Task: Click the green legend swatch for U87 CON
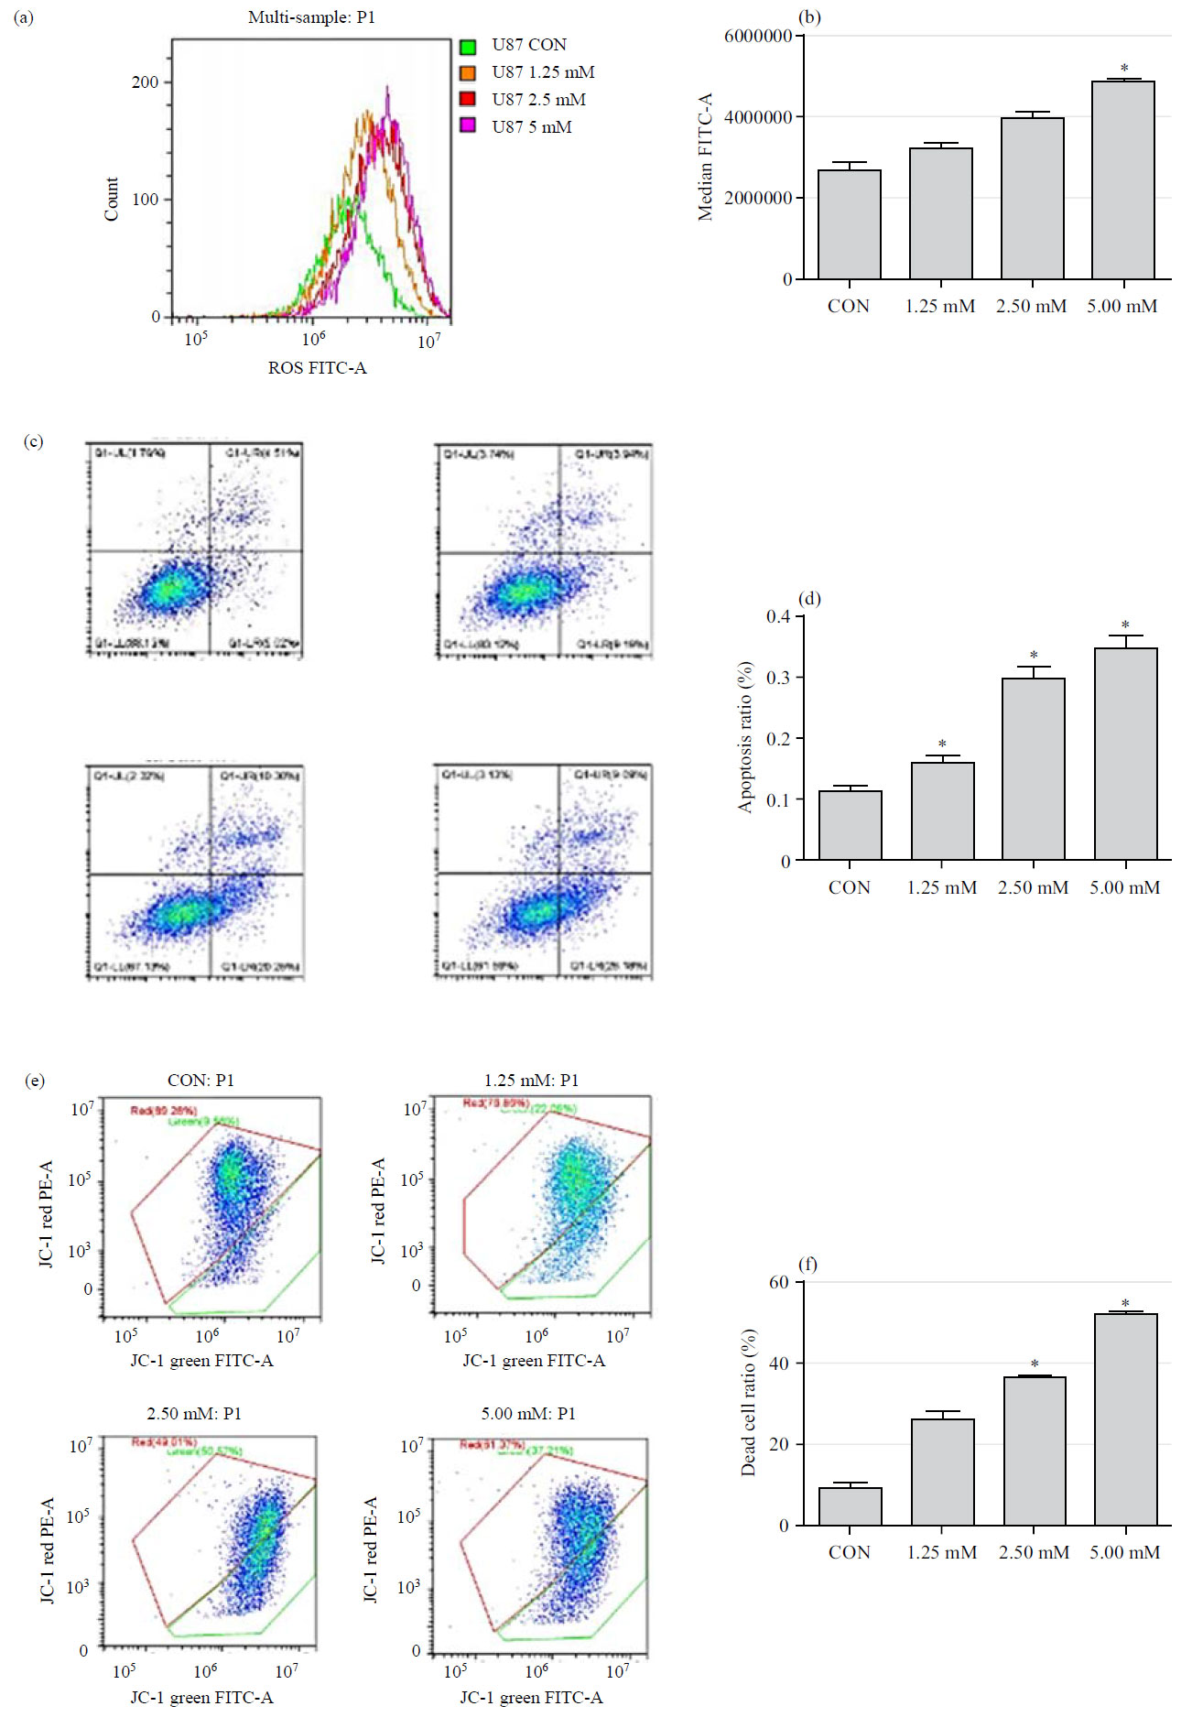coord(468,46)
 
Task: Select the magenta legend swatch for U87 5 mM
coord(468,125)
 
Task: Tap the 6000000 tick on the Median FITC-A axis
coord(757,37)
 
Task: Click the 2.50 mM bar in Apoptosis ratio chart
coord(1033,768)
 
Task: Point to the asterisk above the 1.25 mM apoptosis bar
coord(942,744)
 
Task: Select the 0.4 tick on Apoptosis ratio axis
coord(778,616)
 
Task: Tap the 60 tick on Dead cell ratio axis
coord(778,1282)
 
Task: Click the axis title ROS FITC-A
coord(317,368)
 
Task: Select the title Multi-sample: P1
coord(311,17)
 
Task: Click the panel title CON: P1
coord(200,1081)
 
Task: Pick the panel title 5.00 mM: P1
coord(528,1414)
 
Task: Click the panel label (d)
coord(809,599)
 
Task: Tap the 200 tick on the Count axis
coord(145,82)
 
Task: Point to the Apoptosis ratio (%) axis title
coord(746,736)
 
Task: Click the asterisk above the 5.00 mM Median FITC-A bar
coord(1124,69)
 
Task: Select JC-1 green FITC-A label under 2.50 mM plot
coord(201,1698)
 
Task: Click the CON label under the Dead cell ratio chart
coord(849,1552)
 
